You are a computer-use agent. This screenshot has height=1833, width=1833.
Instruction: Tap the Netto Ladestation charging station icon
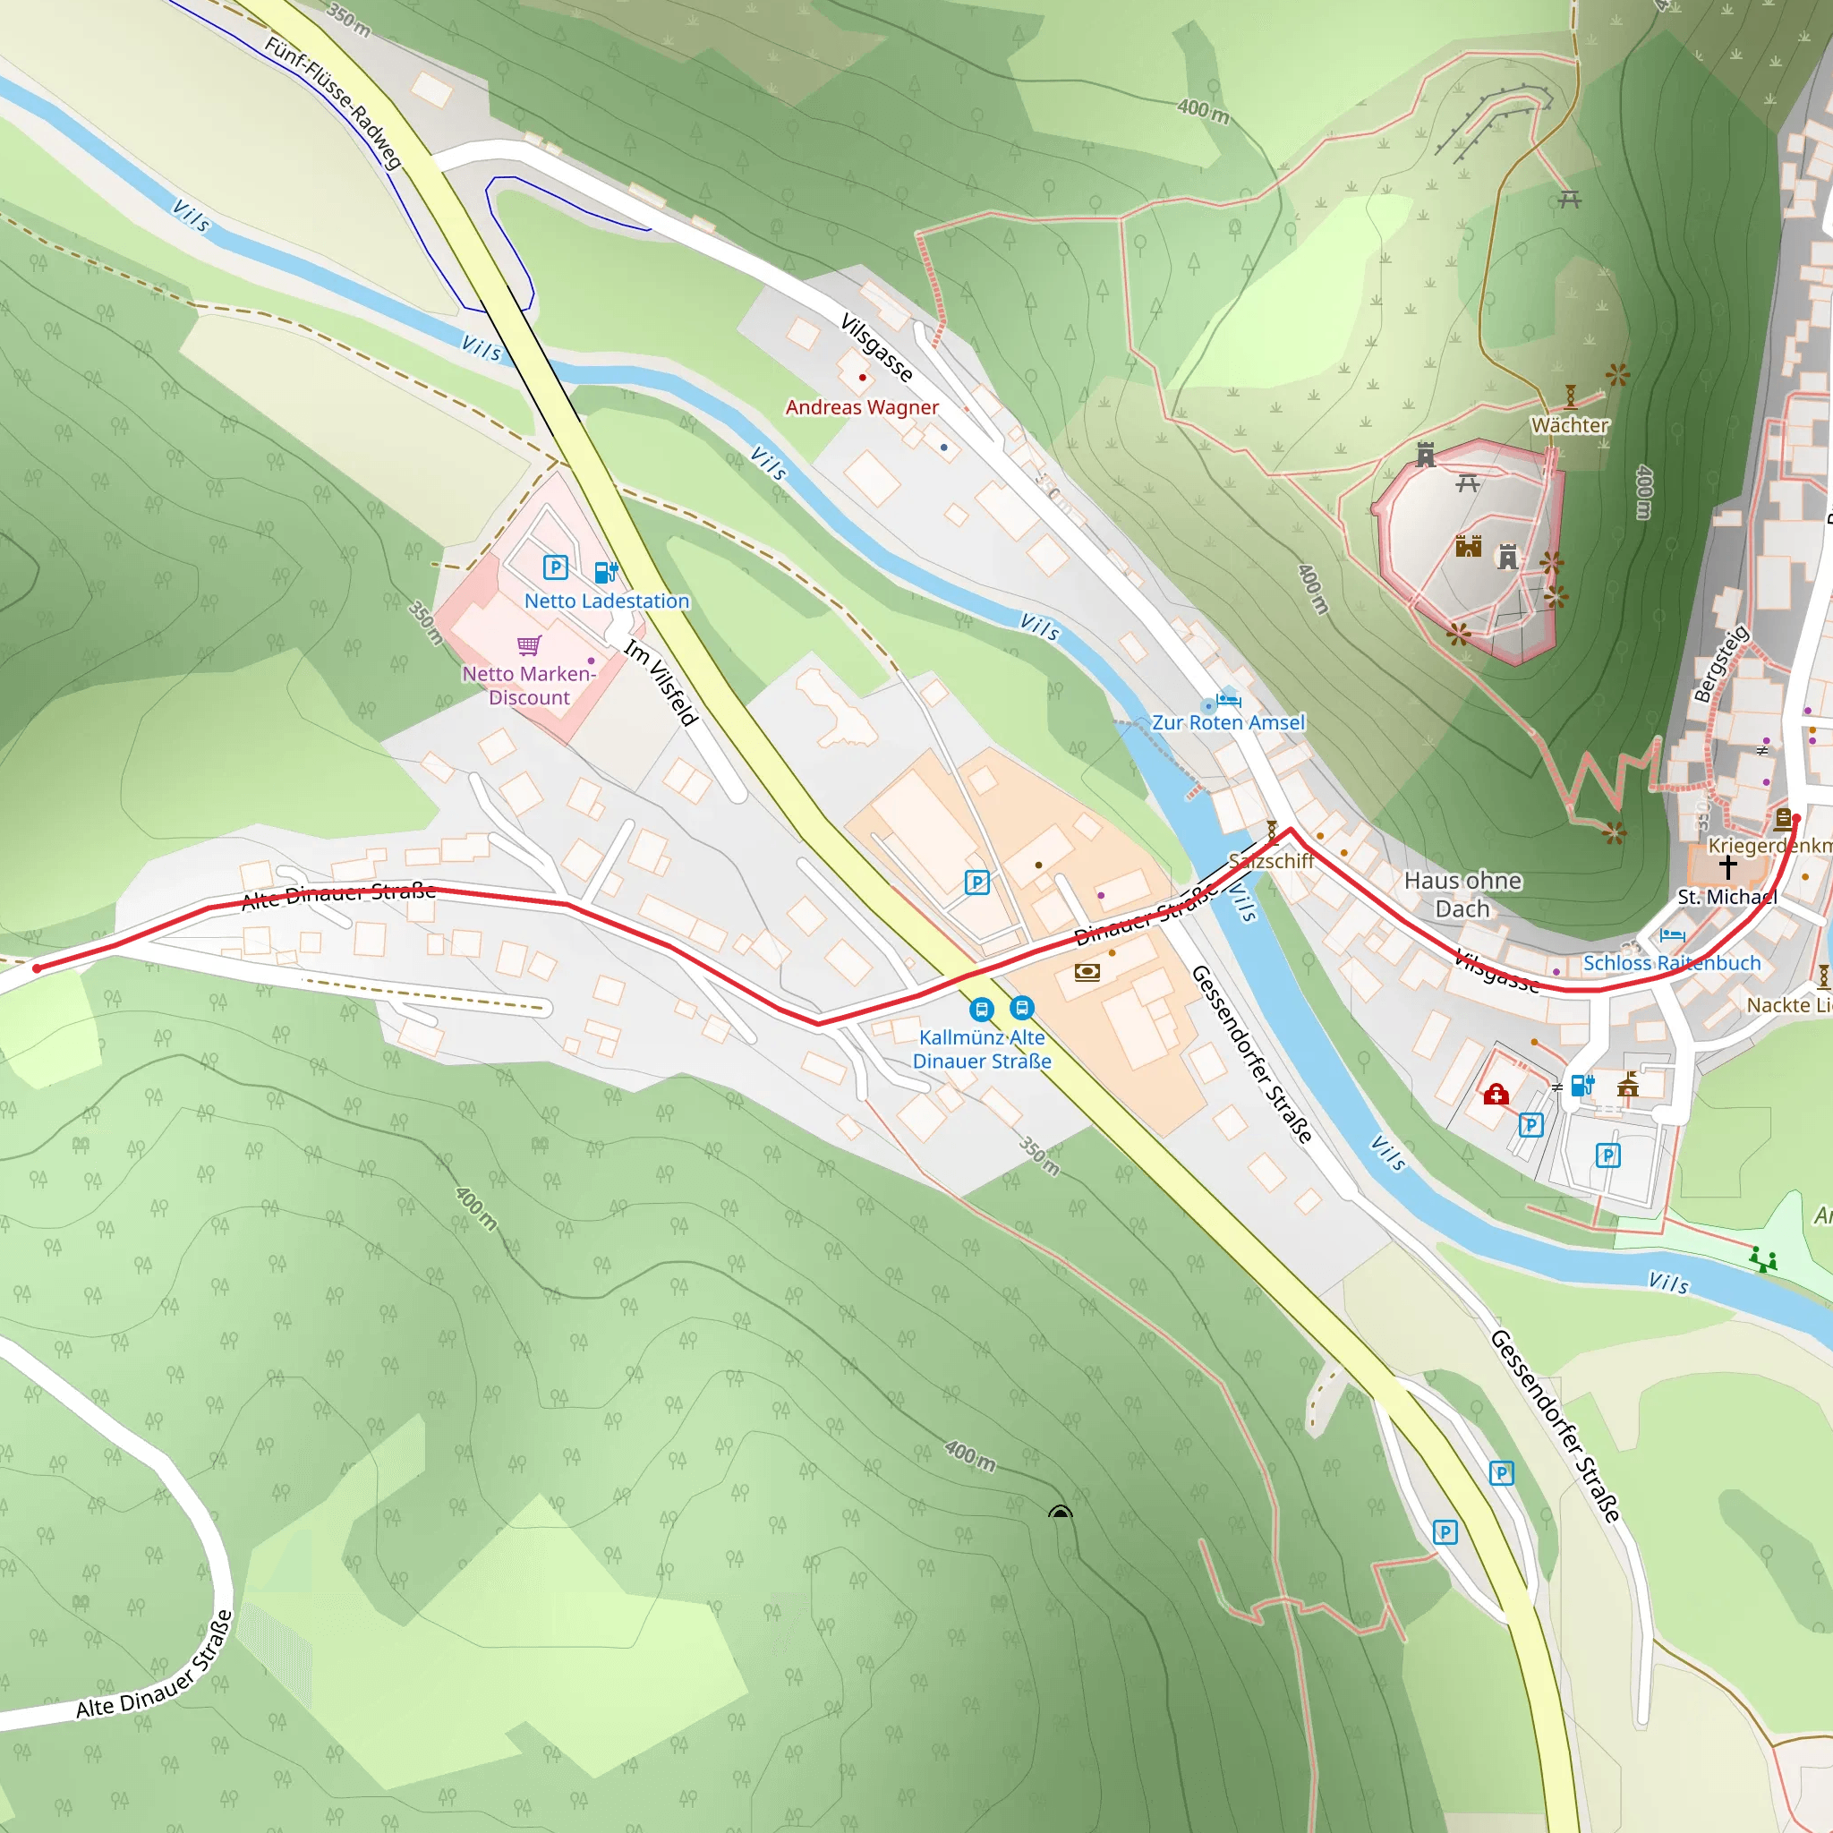(x=605, y=571)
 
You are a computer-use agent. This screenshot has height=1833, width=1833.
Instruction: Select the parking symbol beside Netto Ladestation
(x=555, y=567)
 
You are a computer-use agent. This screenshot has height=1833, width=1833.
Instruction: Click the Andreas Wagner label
(x=862, y=407)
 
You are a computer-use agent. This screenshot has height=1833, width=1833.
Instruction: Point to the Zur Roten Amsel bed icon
(x=1229, y=700)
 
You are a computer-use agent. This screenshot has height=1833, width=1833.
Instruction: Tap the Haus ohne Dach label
(x=1462, y=894)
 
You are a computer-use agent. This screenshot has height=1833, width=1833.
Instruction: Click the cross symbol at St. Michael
(x=1727, y=866)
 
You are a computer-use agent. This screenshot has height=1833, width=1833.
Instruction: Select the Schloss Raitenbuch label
(x=1672, y=963)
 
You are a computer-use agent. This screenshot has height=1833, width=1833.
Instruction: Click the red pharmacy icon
(x=1496, y=1095)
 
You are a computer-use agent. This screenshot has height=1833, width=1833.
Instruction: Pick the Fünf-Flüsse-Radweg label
(x=333, y=102)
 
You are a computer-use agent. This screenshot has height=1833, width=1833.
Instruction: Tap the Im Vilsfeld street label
(x=661, y=683)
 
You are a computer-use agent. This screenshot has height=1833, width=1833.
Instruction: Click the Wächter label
(x=1570, y=425)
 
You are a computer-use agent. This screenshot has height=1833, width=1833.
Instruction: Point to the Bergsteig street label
(x=1721, y=664)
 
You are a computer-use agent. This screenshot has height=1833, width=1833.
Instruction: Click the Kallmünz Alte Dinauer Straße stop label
(x=982, y=1049)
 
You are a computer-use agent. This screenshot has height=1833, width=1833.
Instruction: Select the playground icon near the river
(x=1763, y=1259)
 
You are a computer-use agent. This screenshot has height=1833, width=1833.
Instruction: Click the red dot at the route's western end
(x=37, y=968)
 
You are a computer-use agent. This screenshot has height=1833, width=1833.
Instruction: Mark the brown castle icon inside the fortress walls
(x=1468, y=546)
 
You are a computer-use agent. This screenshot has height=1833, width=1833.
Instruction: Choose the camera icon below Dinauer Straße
(x=1087, y=971)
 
